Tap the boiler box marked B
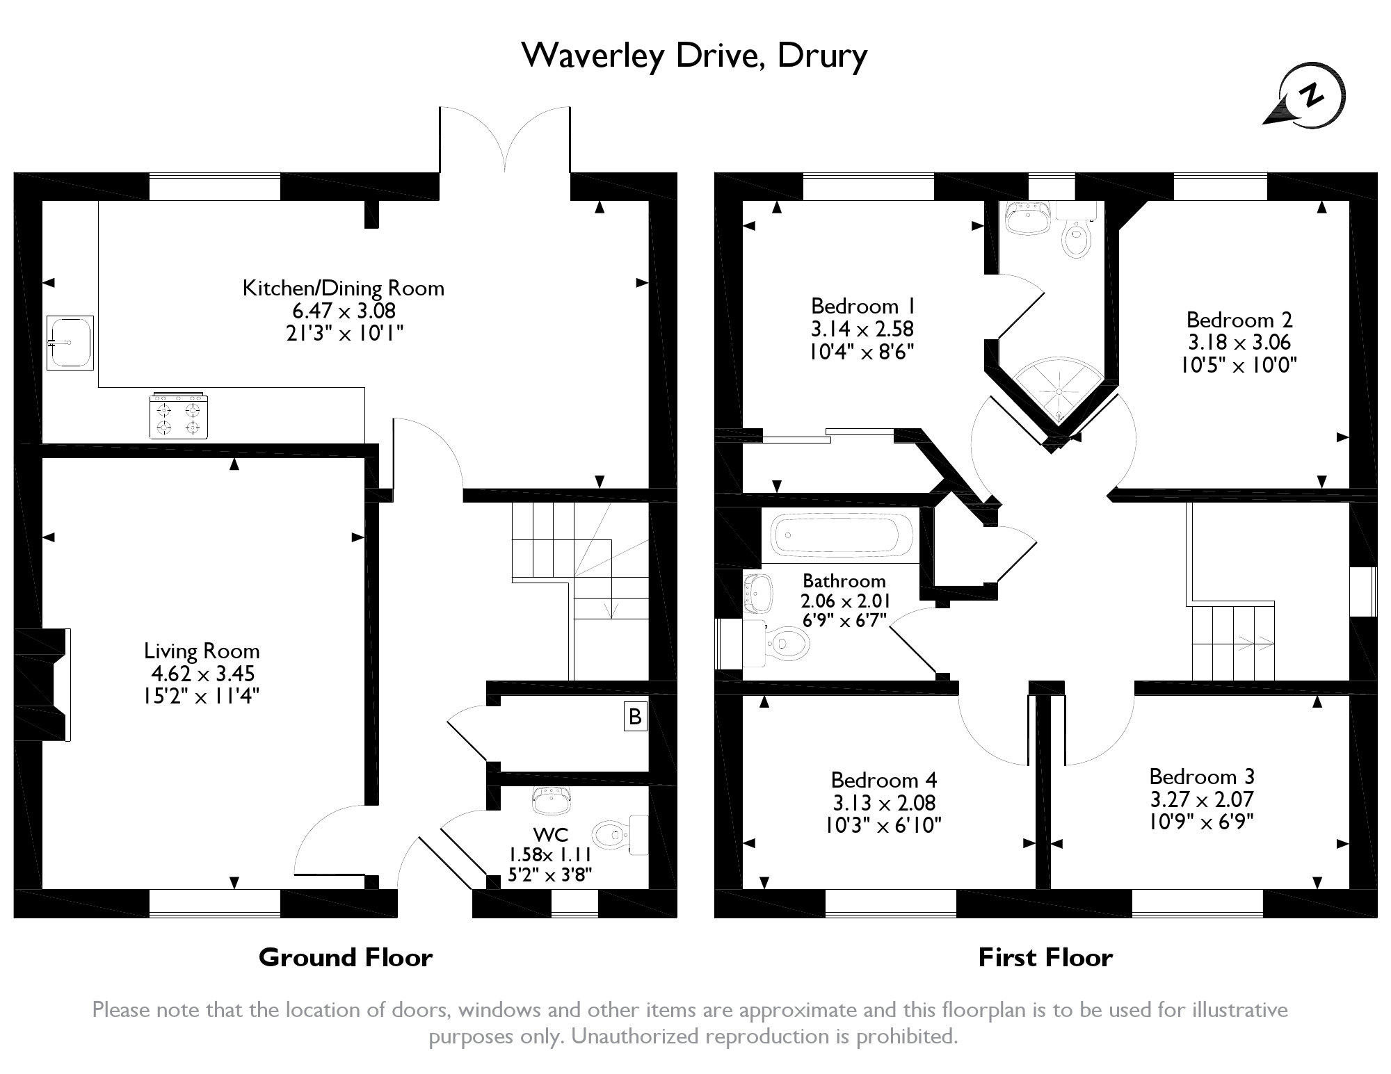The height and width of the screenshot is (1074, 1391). coord(635,717)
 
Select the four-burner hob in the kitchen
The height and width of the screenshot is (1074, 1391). coord(179,415)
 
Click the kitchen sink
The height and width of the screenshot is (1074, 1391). coord(70,342)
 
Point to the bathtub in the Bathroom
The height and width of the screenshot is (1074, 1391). coord(842,535)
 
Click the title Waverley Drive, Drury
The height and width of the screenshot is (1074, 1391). coord(694,56)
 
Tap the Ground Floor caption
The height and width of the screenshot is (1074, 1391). coord(346,957)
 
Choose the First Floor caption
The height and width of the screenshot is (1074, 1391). coord(1045,957)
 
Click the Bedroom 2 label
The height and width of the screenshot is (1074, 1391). coord(1239,320)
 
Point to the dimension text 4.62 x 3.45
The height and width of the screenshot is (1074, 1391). coord(203,673)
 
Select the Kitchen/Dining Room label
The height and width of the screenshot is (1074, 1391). coord(344,288)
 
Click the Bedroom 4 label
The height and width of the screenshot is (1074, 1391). coord(884,780)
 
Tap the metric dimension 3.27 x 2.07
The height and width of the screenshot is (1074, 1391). coord(1202,799)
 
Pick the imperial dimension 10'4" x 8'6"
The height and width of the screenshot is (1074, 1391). coord(861,351)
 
